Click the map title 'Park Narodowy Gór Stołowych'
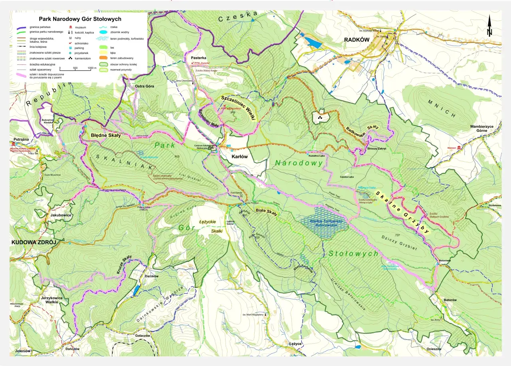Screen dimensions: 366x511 pos(80,19)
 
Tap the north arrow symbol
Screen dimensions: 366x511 pos(489,27)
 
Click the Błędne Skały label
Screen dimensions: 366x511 pos(106,135)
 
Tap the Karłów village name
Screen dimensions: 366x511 pos(240,157)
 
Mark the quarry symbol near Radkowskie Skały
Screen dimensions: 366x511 pos(320,117)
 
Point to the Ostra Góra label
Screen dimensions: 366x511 pos(144,86)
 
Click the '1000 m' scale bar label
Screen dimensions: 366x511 pos(92,68)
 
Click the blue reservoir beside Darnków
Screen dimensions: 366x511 pos(136,290)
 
